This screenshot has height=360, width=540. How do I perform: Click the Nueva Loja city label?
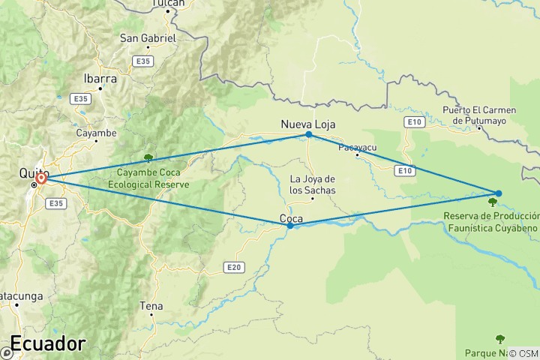click(x=307, y=124)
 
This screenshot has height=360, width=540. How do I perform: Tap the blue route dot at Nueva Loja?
click(x=308, y=134)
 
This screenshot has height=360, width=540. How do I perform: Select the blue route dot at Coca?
click(x=290, y=225)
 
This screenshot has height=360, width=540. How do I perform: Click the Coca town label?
click(x=291, y=219)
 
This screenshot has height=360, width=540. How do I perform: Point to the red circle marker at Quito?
click(x=42, y=178)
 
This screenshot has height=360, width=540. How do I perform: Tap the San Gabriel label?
click(x=148, y=37)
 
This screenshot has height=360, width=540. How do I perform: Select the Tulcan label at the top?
click(x=168, y=4)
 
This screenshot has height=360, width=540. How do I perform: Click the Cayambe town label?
click(x=96, y=133)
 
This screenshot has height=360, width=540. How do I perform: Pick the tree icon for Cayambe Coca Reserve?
click(x=148, y=157)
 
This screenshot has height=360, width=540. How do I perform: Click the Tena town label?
click(x=151, y=306)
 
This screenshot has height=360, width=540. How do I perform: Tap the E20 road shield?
click(x=234, y=266)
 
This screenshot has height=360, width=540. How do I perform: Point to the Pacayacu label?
click(x=358, y=148)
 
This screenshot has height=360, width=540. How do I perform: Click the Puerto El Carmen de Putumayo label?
click(x=478, y=115)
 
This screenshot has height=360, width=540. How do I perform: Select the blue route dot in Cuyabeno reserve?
click(x=499, y=193)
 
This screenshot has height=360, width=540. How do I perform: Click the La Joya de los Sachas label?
click(x=312, y=184)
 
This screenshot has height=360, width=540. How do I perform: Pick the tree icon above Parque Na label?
click(x=499, y=338)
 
